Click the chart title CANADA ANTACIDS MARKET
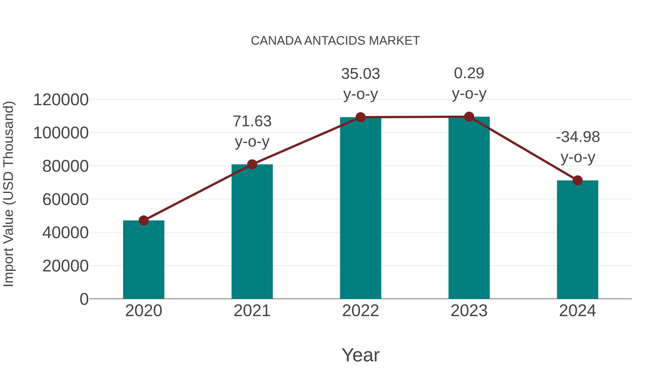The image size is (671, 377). click(335, 41)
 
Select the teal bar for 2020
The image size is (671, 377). click(144, 260)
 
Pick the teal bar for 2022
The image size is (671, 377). click(360, 208)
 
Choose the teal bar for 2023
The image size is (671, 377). click(469, 208)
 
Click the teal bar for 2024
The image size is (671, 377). click(577, 239)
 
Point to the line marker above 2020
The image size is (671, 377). click(144, 220)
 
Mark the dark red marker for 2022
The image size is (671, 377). click(360, 117)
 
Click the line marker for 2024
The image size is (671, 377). click(577, 180)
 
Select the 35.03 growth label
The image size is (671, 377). click(360, 74)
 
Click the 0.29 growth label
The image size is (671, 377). click(469, 73)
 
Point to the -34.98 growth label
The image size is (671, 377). click(577, 137)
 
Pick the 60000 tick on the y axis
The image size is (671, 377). click(65, 200)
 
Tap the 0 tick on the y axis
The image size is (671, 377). click(84, 299)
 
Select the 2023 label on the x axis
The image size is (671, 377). click(469, 311)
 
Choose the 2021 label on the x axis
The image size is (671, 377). click(252, 311)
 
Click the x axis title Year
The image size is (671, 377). click(360, 355)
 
